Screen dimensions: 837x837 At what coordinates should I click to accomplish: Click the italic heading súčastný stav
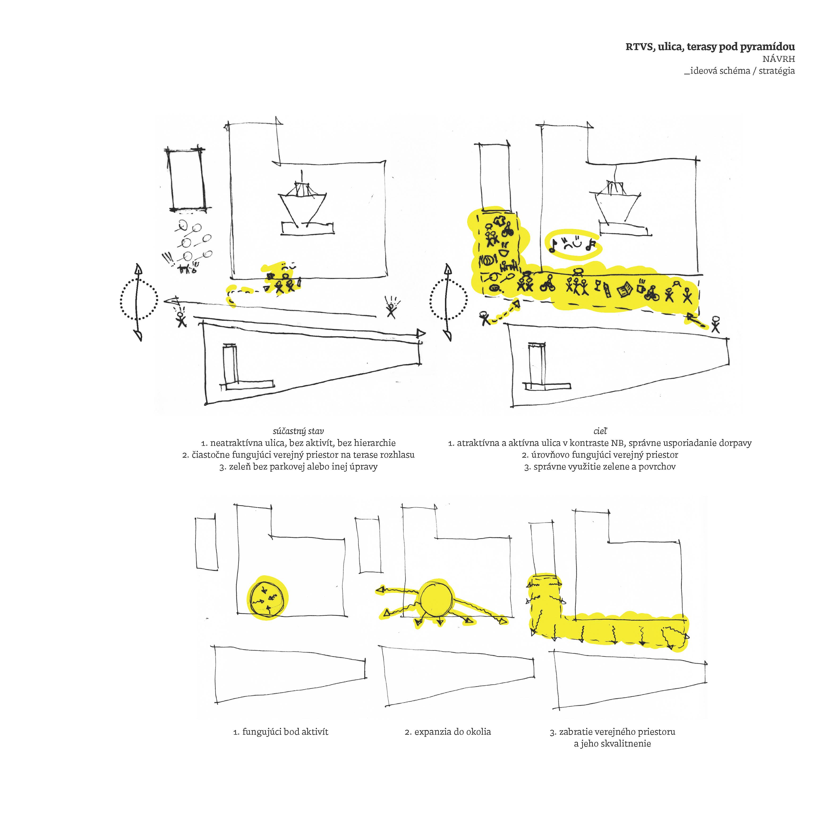(x=298, y=431)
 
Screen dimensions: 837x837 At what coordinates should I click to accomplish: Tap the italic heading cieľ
(x=600, y=431)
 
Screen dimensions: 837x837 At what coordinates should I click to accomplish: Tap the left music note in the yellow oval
(x=553, y=247)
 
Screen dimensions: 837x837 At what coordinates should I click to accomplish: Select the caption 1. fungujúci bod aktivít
(x=281, y=732)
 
